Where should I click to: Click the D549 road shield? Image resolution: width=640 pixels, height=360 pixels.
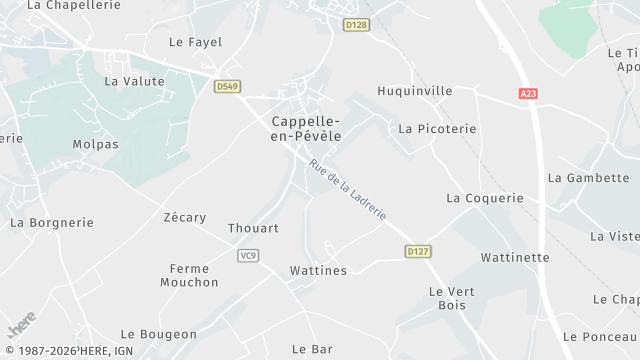click(227, 87)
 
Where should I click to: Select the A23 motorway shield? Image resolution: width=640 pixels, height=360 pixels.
click(528, 93)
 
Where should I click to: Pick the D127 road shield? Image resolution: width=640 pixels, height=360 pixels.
click(418, 252)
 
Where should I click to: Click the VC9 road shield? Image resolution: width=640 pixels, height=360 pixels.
click(249, 255)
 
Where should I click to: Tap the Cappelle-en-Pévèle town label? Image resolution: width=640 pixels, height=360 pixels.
click(306, 128)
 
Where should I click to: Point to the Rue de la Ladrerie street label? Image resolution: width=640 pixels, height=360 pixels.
click(347, 191)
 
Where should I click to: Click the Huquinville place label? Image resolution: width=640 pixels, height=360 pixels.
click(414, 91)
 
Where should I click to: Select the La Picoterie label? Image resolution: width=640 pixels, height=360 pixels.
click(437, 129)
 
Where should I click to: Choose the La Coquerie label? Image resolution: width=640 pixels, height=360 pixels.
click(485, 198)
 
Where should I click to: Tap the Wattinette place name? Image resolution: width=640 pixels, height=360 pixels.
click(515, 257)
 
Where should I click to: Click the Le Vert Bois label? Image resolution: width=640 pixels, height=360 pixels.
click(449, 298)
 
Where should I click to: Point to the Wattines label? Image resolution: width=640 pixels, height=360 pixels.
click(318, 271)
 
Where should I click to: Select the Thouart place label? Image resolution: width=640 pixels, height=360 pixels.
click(253, 228)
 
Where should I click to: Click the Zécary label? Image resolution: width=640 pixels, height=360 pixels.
click(184, 217)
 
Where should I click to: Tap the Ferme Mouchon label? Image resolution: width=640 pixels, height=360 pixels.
click(189, 275)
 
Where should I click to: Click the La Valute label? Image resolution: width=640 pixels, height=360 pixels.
click(134, 81)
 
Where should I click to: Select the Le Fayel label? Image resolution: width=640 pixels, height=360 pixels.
click(195, 42)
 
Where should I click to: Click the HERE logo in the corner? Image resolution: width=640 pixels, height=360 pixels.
click(21, 328)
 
